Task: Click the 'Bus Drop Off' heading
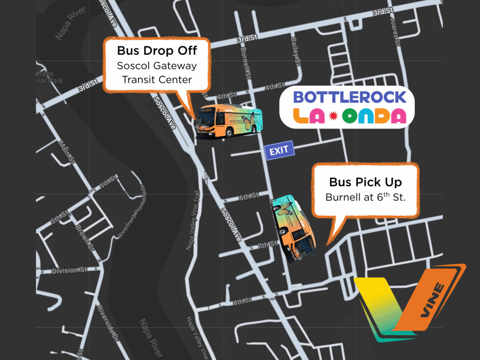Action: (157, 51)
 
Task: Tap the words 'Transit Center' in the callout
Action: (157, 79)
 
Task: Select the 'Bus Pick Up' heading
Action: (365, 182)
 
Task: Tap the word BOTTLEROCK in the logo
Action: (349, 97)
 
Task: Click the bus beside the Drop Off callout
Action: (229, 121)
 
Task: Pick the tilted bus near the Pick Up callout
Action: (292, 228)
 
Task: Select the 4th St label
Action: (274, 86)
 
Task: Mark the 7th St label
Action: (267, 245)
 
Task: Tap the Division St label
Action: (69, 270)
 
